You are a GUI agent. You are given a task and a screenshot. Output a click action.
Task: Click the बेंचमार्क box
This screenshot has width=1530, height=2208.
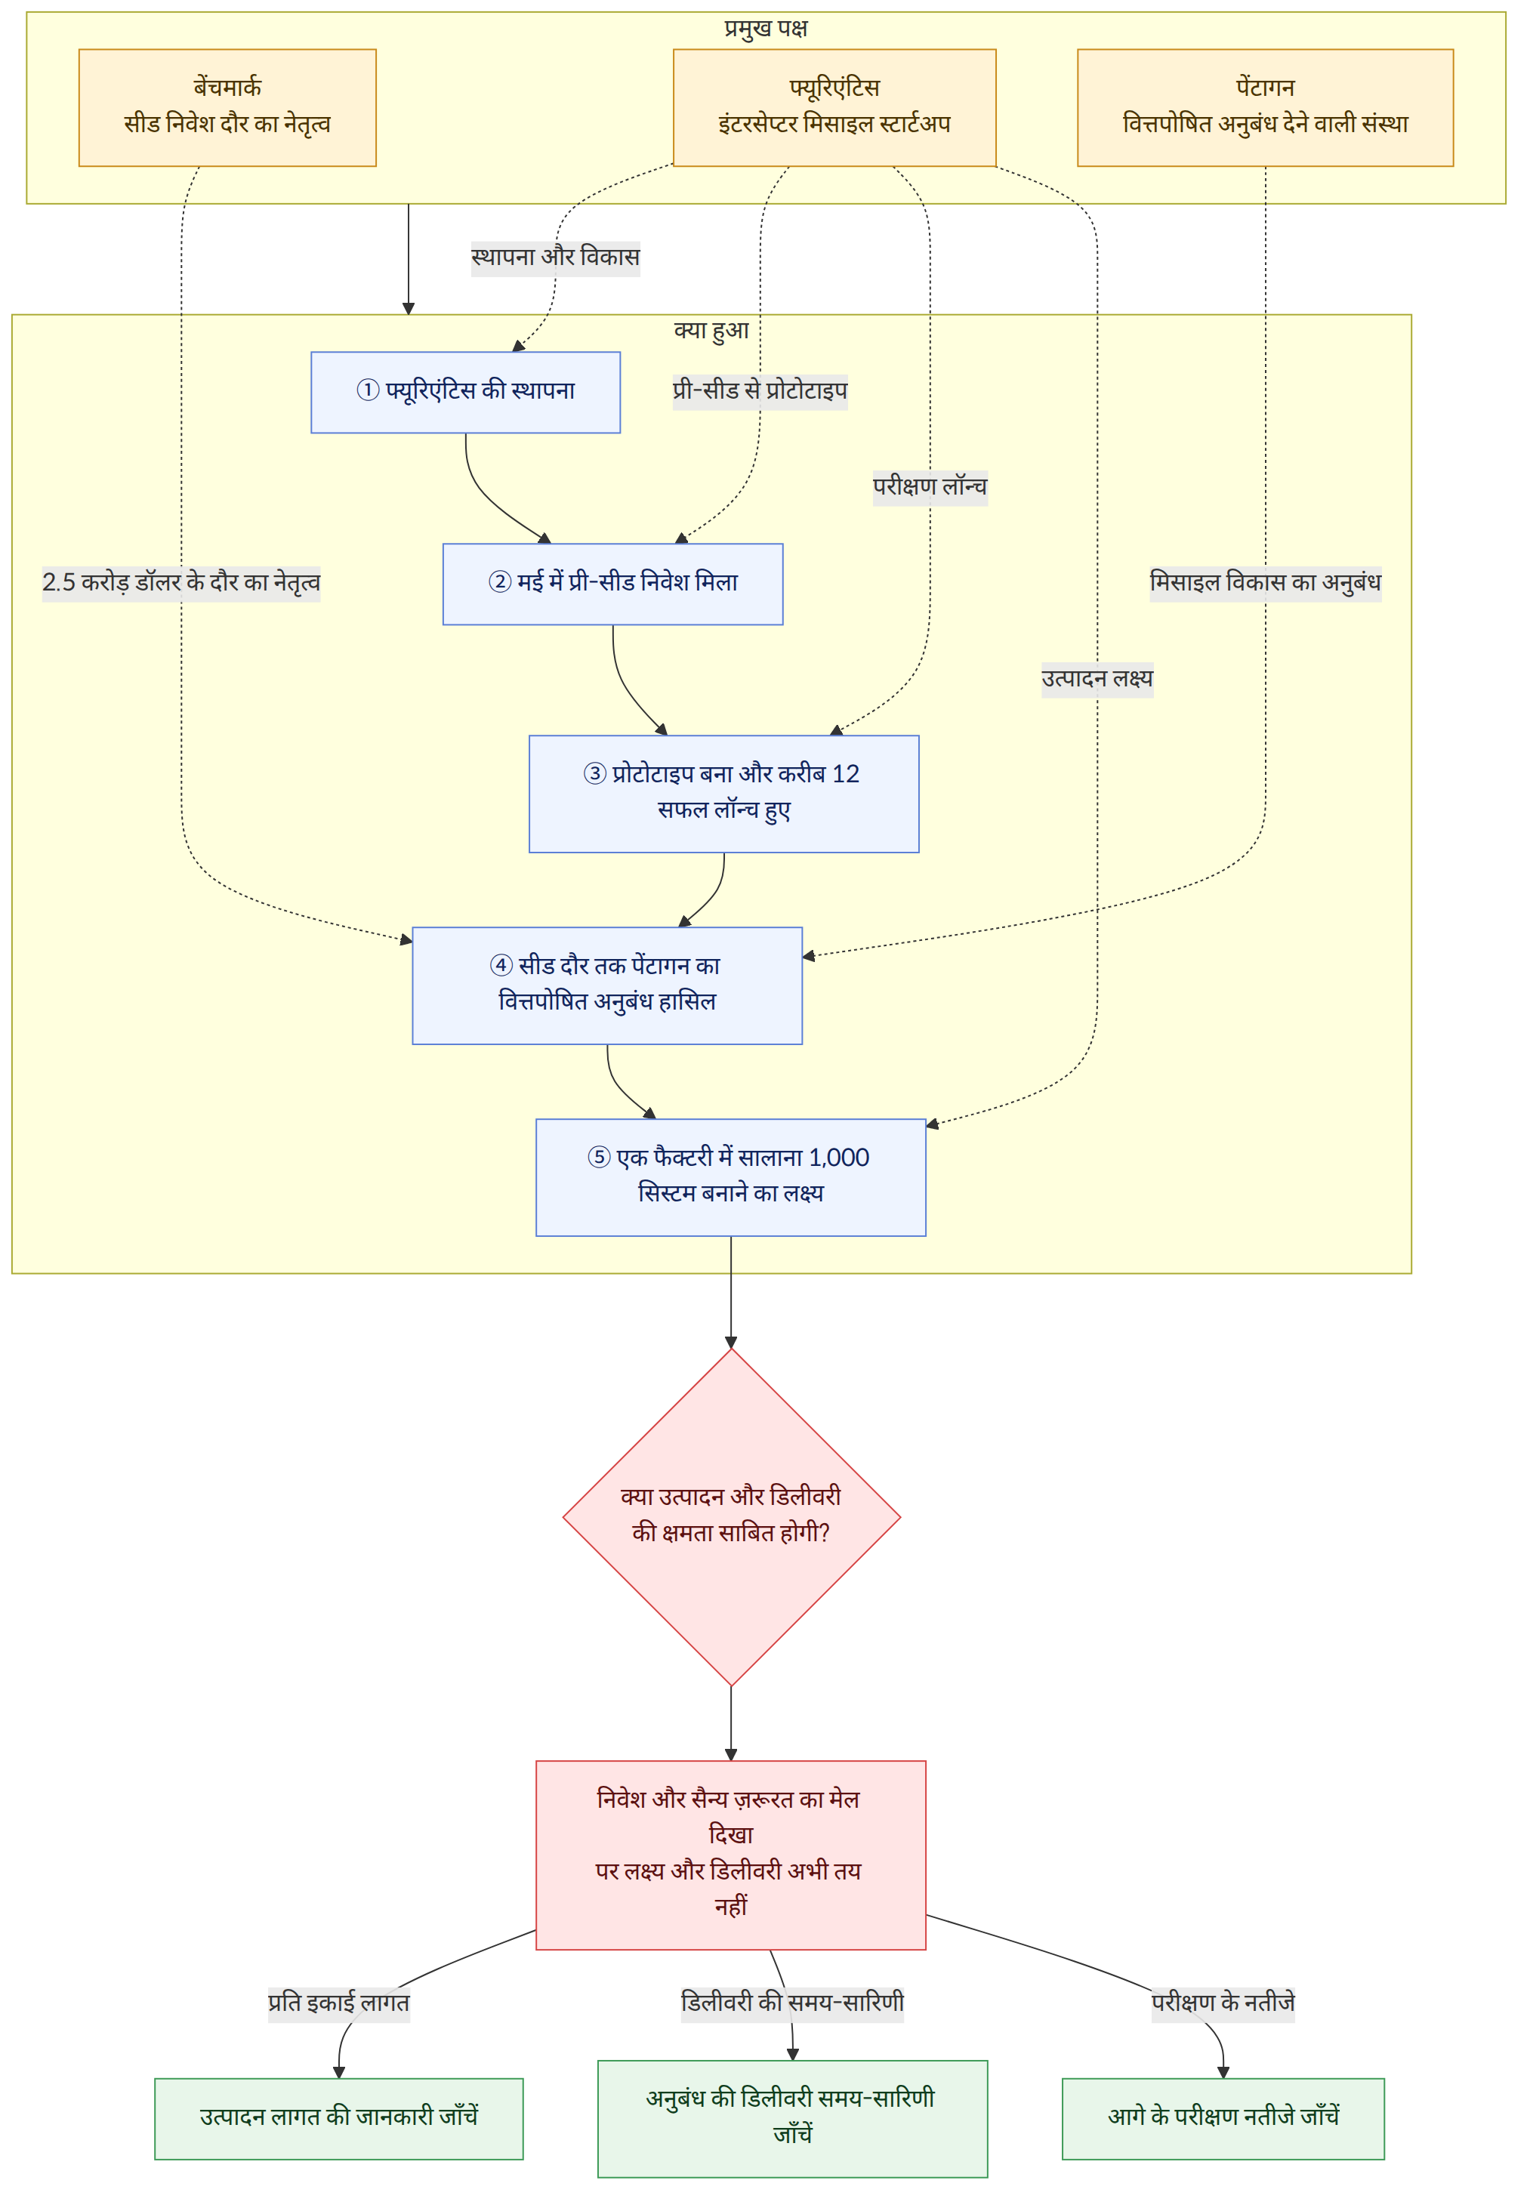pyautogui.click(x=227, y=107)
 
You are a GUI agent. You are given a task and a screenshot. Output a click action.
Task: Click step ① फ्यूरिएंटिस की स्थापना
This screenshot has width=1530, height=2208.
pyautogui.click(x=465, y=392)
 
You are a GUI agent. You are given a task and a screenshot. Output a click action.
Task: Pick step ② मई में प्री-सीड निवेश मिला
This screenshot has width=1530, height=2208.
pyautogui.click(x=612, y=584)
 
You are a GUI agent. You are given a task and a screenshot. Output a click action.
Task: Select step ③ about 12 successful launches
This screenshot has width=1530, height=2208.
pyautogui.click(x=723, y=794)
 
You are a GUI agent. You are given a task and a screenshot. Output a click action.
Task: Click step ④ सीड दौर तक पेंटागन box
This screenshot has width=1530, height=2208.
pyautogui.click(x=607, y=985)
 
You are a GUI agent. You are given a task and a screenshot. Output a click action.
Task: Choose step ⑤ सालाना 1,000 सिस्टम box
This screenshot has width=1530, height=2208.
pyautogui.click(x=730, y=1176)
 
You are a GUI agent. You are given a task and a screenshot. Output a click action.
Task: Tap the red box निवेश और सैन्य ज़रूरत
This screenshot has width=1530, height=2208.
pyautogui.click(x=730, y=1855)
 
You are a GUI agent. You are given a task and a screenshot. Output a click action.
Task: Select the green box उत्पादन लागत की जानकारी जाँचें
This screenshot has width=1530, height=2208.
pyautogui.click(x=338, y=2118)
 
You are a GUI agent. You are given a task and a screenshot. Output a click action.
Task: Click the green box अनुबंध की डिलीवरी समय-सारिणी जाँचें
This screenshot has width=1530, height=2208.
pyautogui.click(x=792, y=2118)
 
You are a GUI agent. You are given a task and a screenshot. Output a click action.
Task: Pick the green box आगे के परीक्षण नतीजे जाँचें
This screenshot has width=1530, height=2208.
pyautogui.click(x=1223, y=2118)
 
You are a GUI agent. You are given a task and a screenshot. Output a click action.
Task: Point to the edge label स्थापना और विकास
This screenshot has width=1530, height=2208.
pyautogui.click(x=555, y=257)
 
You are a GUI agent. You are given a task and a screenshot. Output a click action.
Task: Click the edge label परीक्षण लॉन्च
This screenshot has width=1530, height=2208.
pyautogui.click(x=929, y=487)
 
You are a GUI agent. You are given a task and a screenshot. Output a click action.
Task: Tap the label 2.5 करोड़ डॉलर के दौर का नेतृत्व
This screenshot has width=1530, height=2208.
pyautogui.click(x=181, y=583)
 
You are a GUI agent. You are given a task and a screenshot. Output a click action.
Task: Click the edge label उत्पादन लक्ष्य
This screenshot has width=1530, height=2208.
pyautogui.click(x=1097, y=679)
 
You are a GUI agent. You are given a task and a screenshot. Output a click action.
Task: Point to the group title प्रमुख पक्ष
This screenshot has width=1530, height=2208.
pyautogui.click(x=765, y=28)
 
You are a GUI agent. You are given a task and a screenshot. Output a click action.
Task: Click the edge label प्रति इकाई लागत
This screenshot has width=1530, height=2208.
pyautogui.click(x=338, y=2003)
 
